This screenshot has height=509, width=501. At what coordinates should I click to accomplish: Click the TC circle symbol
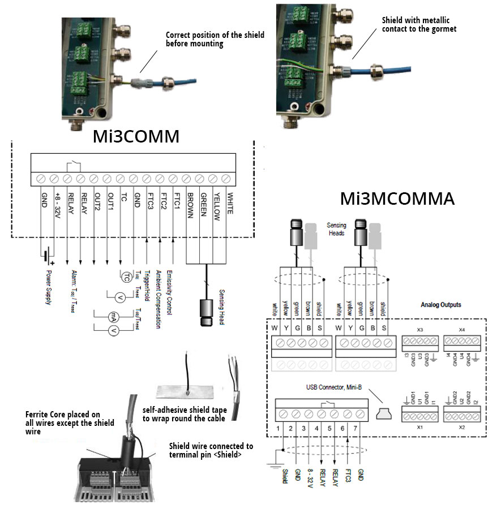coord(127,276)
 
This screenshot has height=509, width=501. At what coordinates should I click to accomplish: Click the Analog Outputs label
coord(441,305)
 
